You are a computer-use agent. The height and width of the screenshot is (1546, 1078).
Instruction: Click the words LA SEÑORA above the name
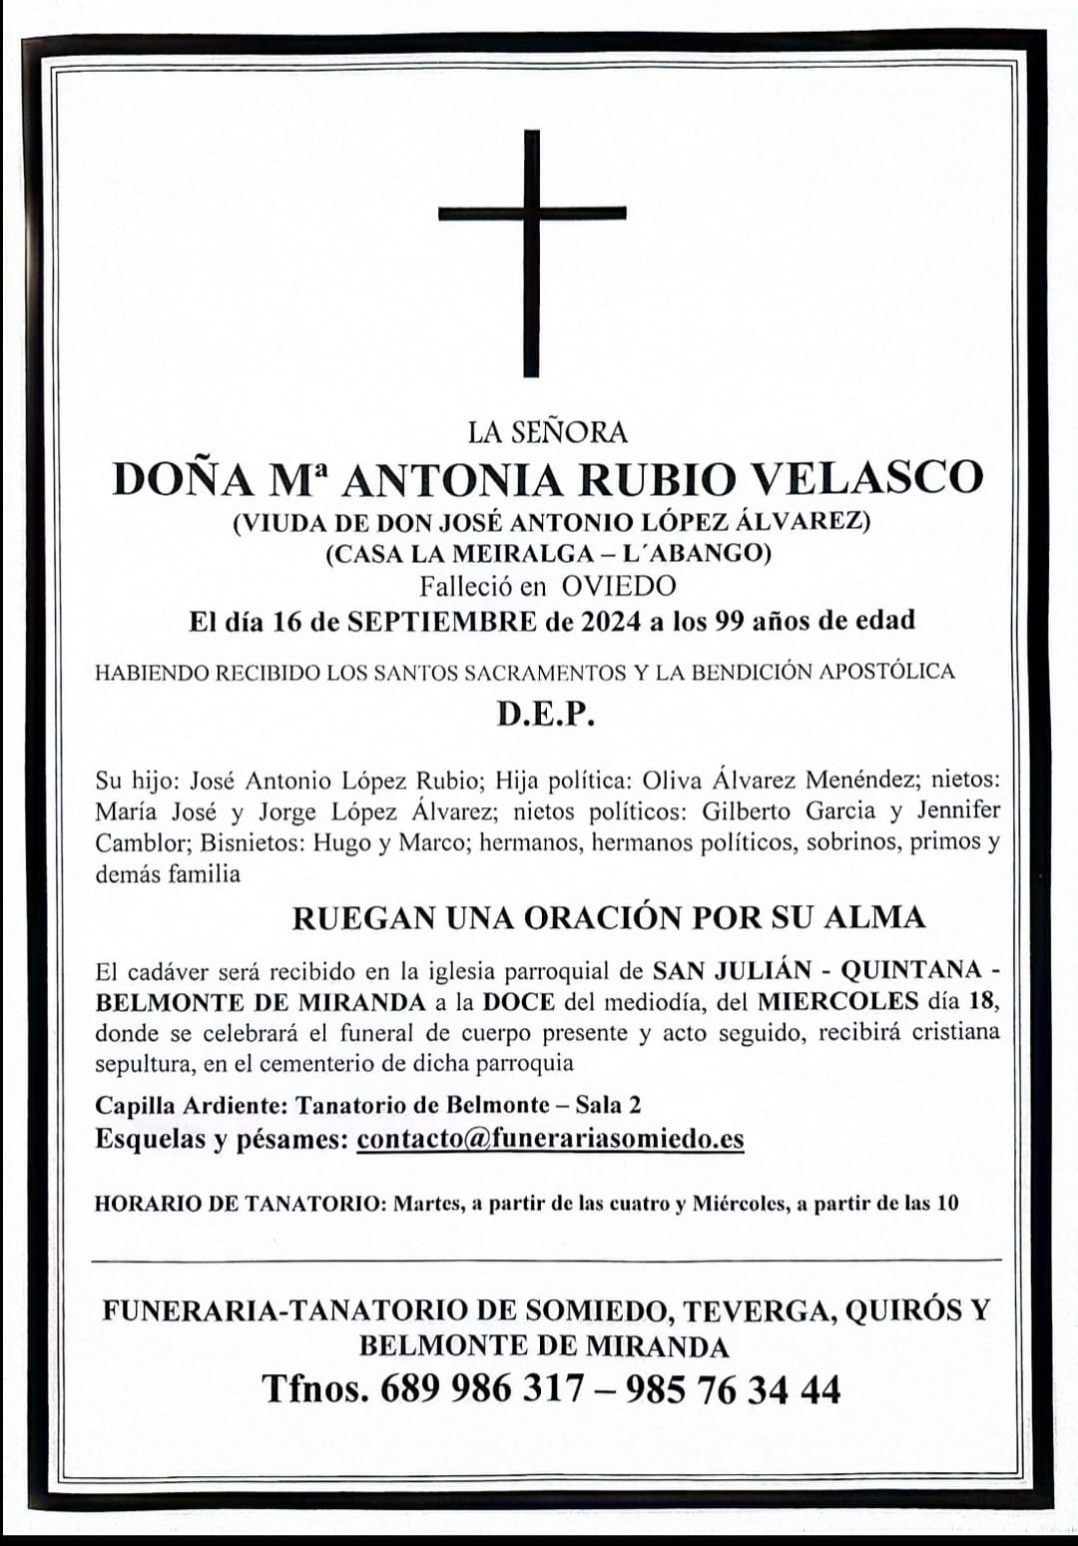547,432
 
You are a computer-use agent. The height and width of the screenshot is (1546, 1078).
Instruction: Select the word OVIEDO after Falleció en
618,587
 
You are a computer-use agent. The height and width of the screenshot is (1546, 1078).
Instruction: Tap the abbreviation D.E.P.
546,716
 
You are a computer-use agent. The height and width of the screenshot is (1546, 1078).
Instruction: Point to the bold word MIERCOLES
837,1001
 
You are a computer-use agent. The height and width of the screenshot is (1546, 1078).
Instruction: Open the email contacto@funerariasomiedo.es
550,1139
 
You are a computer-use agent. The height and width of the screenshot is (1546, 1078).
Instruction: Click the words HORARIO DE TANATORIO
235,1204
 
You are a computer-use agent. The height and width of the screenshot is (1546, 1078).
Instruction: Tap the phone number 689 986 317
475,1389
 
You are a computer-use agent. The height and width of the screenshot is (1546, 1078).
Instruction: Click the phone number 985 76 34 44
732,1389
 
